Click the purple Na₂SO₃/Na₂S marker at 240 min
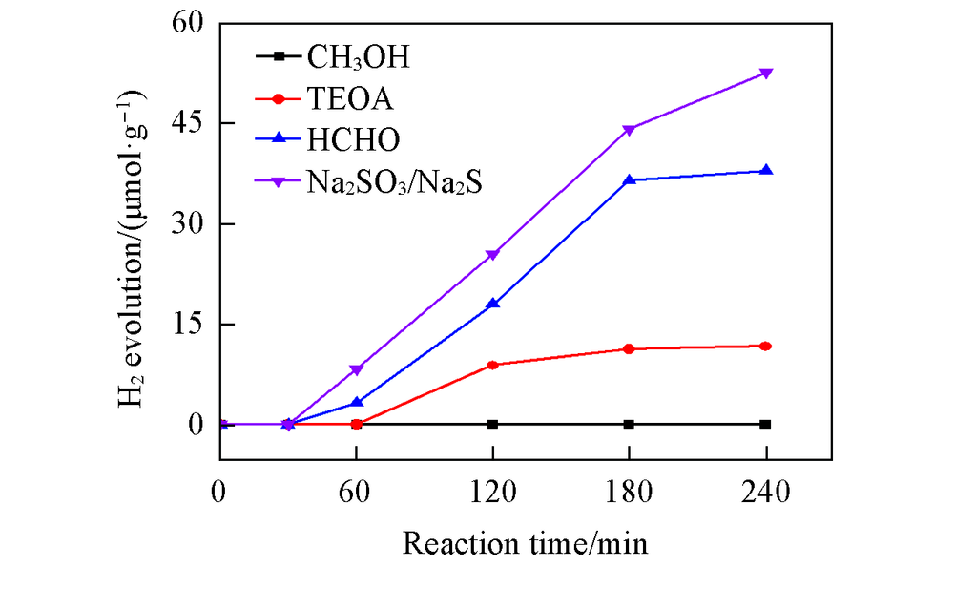(765, 74)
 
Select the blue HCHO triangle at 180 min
(629, 179)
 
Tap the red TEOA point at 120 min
(492, 365)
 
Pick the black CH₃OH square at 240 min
(765, 424)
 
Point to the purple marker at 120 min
(492, 255)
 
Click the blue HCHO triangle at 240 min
(765, 170)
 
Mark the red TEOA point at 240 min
(765, 346)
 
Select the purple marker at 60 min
(357, 369)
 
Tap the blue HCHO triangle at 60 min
(357, 402)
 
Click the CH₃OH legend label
(358, 58)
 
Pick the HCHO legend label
(354, 139)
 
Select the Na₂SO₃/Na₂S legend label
(393, 181)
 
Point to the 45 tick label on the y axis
(189, 123)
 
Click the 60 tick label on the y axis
(189, 23)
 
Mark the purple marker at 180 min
(629, 130)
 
